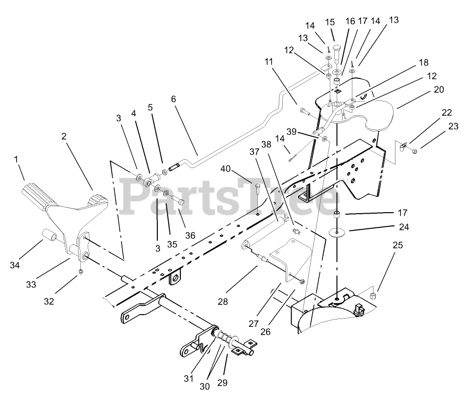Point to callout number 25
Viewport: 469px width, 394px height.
(x=397, y=245)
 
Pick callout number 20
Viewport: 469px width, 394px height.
(x=439, y=90)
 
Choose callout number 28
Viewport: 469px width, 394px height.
(x=223, y=302)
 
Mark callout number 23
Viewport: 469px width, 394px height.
(x=453, y=126)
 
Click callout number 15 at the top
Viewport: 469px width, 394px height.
(x=330, y=23)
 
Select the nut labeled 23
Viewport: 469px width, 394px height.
(x=414, y=150)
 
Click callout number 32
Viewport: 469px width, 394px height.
(x=49, y=302)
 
